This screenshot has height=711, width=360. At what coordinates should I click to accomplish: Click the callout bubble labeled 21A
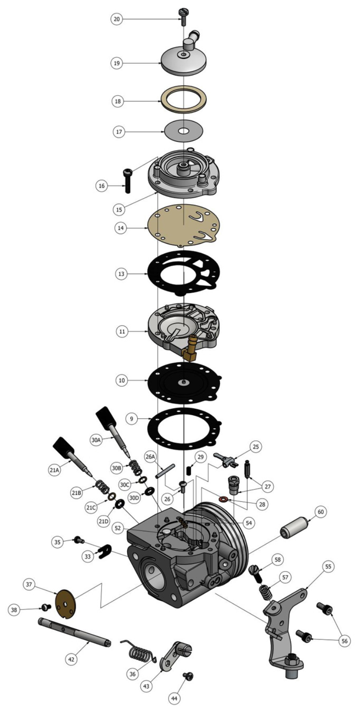54,469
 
